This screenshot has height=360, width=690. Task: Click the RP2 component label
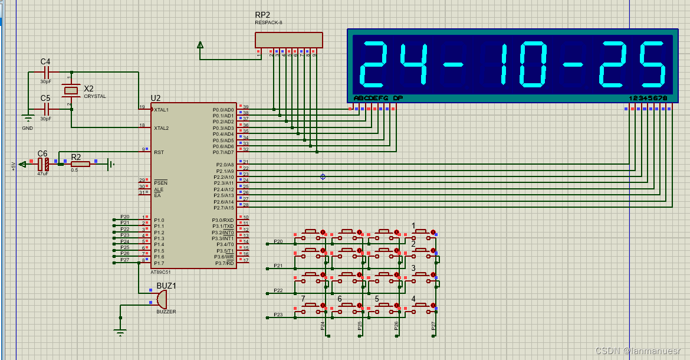click(x=262, y=15)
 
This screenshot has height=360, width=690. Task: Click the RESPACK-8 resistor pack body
click(x=289, y=40)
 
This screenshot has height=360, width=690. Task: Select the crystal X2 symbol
click(x=71, y=90)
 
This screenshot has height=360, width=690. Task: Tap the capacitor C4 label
click(x=45, y=61)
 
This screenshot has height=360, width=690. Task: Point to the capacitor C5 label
click(x=45, y=98)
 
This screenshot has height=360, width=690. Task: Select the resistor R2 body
click(x=80, y=163)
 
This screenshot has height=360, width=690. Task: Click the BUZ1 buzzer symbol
click(x=160, y=299)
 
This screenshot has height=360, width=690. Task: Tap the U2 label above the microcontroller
click(x=156, y=98)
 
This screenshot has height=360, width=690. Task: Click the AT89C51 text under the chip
click(x=160, y=273)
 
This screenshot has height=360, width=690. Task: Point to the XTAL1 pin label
click(x=161, y=110)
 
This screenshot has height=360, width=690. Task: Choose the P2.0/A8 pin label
click(x=225, y=165)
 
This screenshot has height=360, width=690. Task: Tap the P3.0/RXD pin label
click(x=223, y=220)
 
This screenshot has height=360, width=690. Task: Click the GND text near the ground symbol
click(x=28, y=128)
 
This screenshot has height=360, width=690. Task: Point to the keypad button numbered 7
click(x=311, y=306)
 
